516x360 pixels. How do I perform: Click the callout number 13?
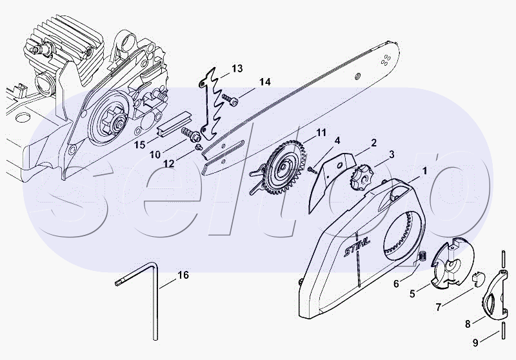point(237,68)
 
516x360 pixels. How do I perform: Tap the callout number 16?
point(183,275)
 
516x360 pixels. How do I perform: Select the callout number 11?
point(321,133)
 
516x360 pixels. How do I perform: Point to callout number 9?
point(475,343)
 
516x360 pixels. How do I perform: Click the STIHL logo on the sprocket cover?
point(357,247)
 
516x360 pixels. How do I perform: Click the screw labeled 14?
point(230,100)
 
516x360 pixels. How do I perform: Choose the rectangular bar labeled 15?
point(174,123)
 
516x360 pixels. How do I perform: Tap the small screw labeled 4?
point(312,170)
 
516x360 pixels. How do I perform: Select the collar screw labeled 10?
point(190,134)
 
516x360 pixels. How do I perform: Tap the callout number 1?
point(424,171)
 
